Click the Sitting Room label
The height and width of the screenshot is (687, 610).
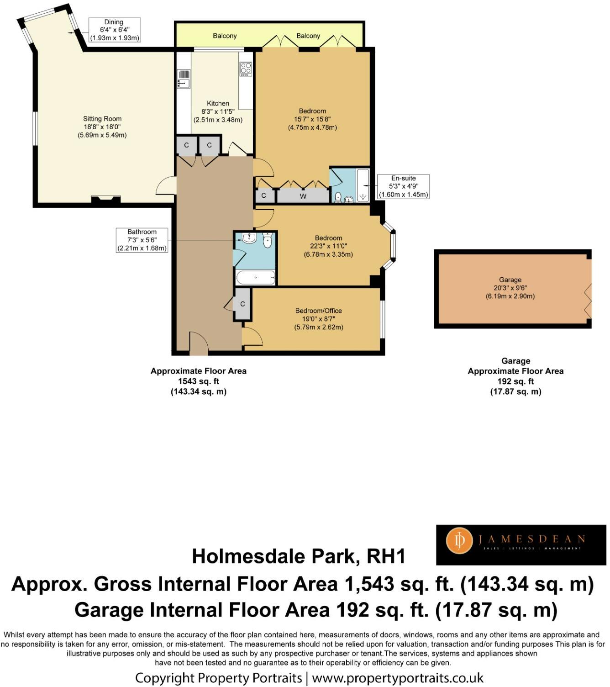102,119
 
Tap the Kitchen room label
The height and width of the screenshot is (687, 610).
218,103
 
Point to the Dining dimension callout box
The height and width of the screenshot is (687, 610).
114,30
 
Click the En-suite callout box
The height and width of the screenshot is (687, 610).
403,186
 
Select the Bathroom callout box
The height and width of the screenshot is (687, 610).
142,240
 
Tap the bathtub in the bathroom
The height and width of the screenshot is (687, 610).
255,277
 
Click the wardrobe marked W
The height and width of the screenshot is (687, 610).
303,196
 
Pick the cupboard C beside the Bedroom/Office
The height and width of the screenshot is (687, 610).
242,304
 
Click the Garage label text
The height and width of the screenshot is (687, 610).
510,280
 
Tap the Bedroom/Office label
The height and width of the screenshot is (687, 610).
318,311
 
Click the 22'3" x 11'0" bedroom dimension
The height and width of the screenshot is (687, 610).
328,246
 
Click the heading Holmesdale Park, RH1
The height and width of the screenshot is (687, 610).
299,556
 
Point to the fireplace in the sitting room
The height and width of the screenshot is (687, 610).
106,199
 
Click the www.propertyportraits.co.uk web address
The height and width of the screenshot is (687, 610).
398,678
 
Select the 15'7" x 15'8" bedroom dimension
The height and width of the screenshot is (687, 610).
312,119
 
